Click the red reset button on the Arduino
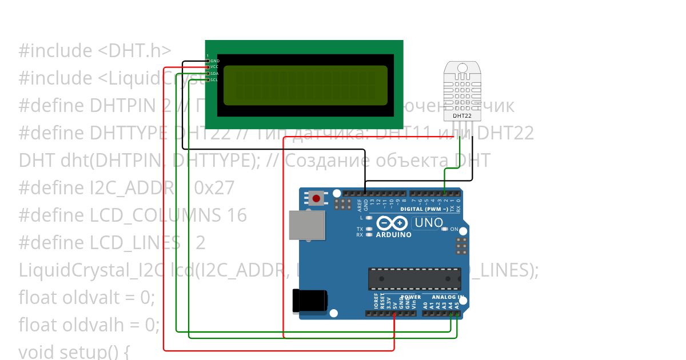pos(316,199)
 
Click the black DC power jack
pos(309,301)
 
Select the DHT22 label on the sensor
pos(462,115)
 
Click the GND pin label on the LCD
pos(215,61)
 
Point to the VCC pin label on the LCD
pos(214,67)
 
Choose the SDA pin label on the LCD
pos(214,73)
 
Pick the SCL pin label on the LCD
pos(214,79)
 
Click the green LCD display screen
pos(305,86)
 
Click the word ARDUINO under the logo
pos(393,235)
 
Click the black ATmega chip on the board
pos(414,278)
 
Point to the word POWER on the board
pos(410,297)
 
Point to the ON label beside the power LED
pos(454,229)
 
